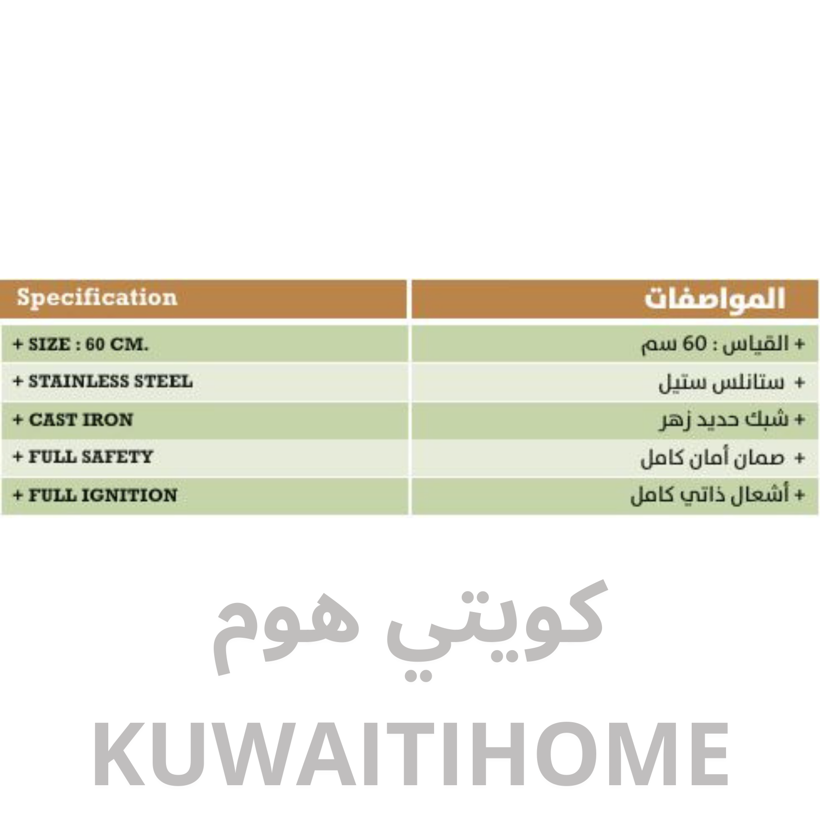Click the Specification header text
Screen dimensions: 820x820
[x=97, y=298]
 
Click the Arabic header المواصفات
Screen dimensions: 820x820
[x=715, y=299]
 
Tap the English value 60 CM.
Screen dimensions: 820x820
[x=117, y=344]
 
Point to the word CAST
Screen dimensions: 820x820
[x=52, y=420]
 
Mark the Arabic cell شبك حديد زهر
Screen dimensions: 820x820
[x=731, y=420]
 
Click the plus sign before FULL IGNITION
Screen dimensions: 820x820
[x=18, y=495]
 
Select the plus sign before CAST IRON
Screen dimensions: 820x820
[x=18, y=420]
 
